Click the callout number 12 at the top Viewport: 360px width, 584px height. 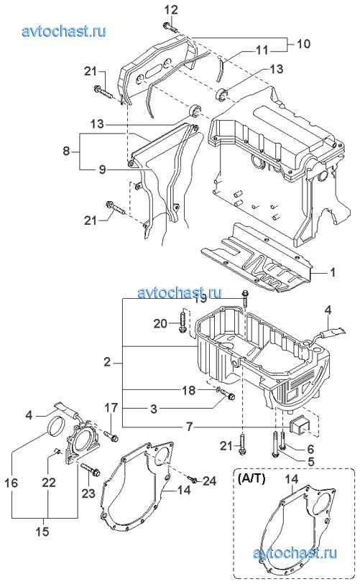(x=172, y=10)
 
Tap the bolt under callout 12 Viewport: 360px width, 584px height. (x=170, y=27)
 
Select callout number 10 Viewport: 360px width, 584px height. (x=304, y=44)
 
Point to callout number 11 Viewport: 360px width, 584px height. (x=263, y=50)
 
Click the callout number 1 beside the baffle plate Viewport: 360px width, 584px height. (x=333, y=272)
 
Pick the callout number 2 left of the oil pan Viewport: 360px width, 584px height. (x=107, y=361)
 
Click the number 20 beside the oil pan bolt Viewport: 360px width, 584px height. (x=161, y=324)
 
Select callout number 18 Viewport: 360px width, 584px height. (x=189, y=390)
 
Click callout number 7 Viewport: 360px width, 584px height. (x=190, y=427)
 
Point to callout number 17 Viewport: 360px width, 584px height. (x=111, y=407)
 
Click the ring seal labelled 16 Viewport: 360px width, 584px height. (x=56, y=426)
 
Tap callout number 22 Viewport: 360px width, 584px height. (x=48, y=482)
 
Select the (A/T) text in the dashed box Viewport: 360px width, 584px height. (x=251, y=478)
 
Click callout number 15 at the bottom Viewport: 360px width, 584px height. (x=43, y=531)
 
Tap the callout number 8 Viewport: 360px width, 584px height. (x=66, y=152)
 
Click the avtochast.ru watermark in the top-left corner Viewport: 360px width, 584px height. (x=64, y=31)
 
